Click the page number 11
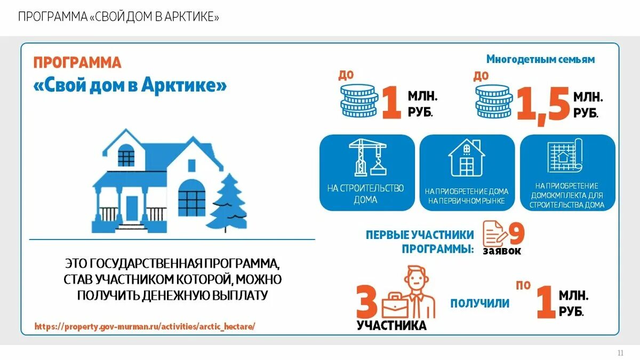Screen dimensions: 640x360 (x=620, y=353)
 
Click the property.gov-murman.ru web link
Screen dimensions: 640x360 (x=145, y=326)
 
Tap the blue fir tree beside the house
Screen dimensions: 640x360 (x=227, y=203)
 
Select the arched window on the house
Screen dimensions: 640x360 (x=191, y=197)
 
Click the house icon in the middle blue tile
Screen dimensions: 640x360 (x=467, y=158)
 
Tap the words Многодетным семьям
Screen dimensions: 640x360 (x=540, y=59)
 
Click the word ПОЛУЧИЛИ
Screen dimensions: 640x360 (x=479, y=303)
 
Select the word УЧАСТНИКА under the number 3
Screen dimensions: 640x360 (x=392, y=325)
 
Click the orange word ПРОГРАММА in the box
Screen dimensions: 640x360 (x=77, y=62)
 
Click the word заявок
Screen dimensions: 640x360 (x=502, y=251)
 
